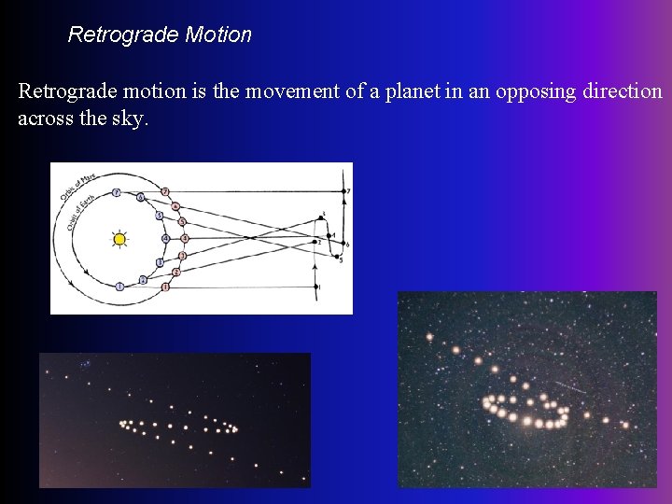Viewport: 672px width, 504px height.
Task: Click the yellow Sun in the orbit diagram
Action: click(x=119, y=239)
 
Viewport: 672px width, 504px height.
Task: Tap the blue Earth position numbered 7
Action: click(x=116, y=193)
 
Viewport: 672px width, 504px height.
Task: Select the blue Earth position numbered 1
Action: click(x=120, y=287)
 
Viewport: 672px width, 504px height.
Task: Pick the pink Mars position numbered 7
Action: click(x=165, y=191)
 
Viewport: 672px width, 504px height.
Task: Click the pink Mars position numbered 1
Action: click(x=165, y=287)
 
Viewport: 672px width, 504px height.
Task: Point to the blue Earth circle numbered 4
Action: click(x=165, y=239)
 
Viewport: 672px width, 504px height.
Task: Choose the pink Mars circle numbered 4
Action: click(x=185, y=239)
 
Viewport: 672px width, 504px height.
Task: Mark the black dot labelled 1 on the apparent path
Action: click(x=317, y=287)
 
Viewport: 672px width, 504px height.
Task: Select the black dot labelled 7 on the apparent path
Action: click(x=346, y=191)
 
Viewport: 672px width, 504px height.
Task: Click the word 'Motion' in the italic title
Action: click(x=218, y=35)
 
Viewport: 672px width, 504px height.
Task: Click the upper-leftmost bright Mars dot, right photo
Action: click(x=429, y=337)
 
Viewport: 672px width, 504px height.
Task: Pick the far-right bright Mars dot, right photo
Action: click(x=625, y=425)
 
